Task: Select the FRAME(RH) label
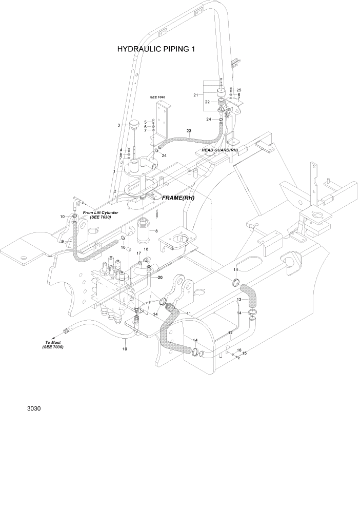pos(178,197)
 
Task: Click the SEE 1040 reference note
pos(157,97)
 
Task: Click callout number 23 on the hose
pos(189,131)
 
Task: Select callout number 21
pos(195,95)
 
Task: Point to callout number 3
pos(119,125)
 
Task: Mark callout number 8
pos(156,231)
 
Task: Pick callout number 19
pos(125,349)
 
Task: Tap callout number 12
pos(230,333)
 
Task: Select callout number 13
pos(239,299)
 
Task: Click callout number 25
pos(238,90)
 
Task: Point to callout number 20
pos(160,278)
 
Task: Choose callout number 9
pos(62,241)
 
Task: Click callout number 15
pos(244,354)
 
